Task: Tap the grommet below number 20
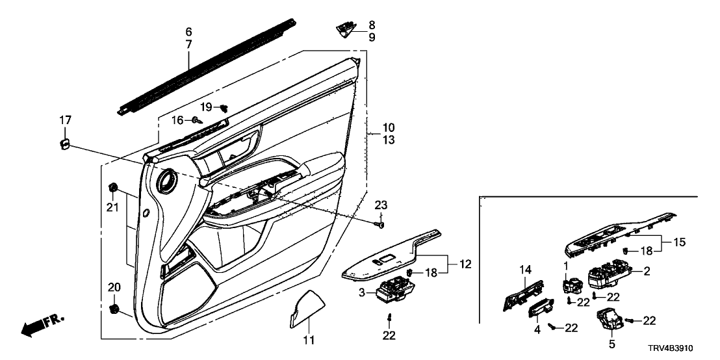coord(116,308)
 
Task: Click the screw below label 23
coord(381,224)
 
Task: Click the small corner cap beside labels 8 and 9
coord(346,27)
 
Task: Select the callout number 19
coord(206,107)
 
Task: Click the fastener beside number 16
coord(196,120)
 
